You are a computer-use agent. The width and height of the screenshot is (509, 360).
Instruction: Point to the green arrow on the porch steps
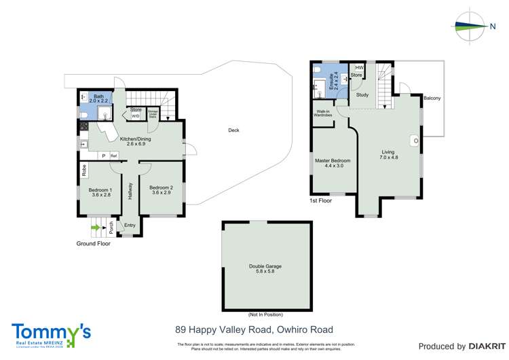pyautogui.click(x=95, y=228)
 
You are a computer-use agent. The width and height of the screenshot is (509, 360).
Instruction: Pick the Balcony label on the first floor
pyautogui.click(x=432, y=98)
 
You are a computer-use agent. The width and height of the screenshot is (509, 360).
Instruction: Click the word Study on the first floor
pyautogui.click(x=362, y=95)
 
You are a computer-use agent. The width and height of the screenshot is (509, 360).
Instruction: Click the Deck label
pyautogui.click(x=233, y=130)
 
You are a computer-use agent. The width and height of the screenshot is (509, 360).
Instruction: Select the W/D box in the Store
pyautogui.click(x=136, y=116)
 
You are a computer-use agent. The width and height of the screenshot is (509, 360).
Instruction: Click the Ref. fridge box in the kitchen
pyautogui.click(x=114, y=156)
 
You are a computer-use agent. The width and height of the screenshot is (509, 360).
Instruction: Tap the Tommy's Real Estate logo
pyautogui.click(x=52, y=335)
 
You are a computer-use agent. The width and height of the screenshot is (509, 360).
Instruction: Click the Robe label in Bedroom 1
pyautogui.click(x=83, y=170)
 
